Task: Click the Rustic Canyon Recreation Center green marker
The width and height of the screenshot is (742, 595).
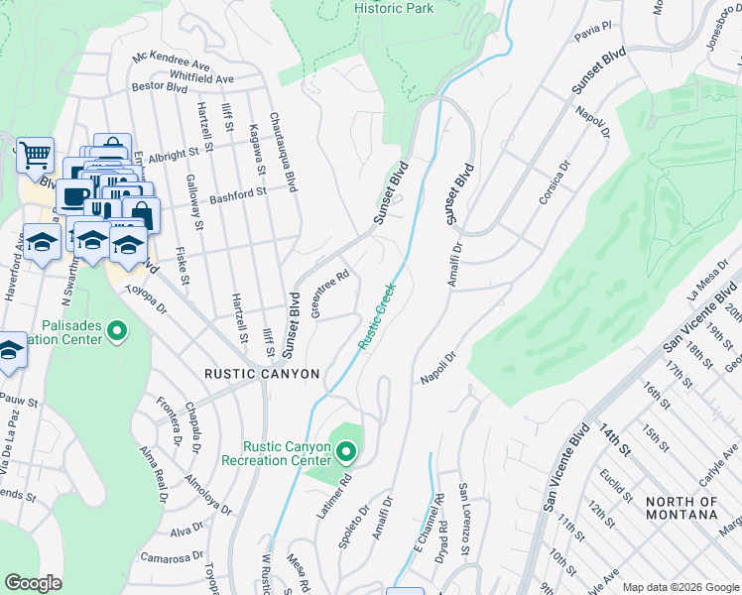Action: coord(346,453)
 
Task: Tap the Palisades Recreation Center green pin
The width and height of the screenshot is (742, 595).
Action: coord(117,330)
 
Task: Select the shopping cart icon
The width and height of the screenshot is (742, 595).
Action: coord(35,155)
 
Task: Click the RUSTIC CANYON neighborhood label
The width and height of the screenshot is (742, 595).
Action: coord(262,374)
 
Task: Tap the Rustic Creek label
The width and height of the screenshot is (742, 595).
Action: coord(377,315)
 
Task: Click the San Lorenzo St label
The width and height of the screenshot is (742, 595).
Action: coord(463,520)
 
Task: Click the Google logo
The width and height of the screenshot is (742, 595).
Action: coord(33,583)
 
